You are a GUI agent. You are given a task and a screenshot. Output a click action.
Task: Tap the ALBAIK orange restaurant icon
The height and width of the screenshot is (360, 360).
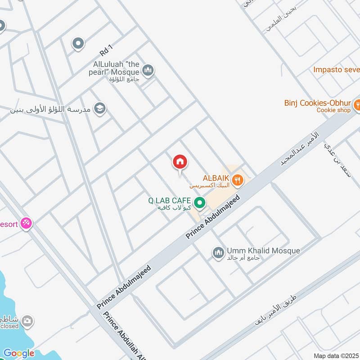pyautogui.click(x=238, y=181)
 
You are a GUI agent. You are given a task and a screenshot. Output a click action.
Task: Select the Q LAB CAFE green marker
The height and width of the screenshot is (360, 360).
pyautogui.click(x=200, y=203)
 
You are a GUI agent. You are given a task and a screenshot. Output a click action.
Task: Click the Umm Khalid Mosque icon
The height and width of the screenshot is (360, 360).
pyautogui.click(x=218, y=253)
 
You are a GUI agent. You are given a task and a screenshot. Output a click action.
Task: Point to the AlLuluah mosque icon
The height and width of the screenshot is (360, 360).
pyautogui.click(x=148, y=70)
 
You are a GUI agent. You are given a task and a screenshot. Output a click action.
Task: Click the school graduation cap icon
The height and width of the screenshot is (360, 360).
pyautogui.click(x=100, y=108)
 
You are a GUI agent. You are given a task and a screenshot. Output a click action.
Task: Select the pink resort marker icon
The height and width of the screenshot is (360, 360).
pyautogui.click(x=27, y=223)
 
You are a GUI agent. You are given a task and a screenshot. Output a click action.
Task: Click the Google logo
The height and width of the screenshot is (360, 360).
pyautogui.click(x=18, y=353)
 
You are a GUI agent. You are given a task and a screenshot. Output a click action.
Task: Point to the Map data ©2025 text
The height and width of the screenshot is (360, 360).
pyautogui.click(x=336, y=355)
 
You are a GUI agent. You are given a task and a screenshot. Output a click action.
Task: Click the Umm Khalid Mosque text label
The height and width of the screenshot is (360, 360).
pyautogui.click(x=263, y=251)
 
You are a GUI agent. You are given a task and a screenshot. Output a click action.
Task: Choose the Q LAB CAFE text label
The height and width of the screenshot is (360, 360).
pyautogui.click(x=170, y=201)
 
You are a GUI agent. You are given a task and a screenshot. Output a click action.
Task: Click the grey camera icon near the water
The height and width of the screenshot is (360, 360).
pyautogui.click(x=27, y=321)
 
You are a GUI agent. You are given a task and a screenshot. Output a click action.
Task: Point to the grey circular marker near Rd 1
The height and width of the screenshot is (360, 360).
pyautogui.click(x=78, y=43)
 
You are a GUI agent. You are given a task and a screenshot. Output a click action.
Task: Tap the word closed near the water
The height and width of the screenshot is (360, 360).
pyautogui.click(x=10, y=326)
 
